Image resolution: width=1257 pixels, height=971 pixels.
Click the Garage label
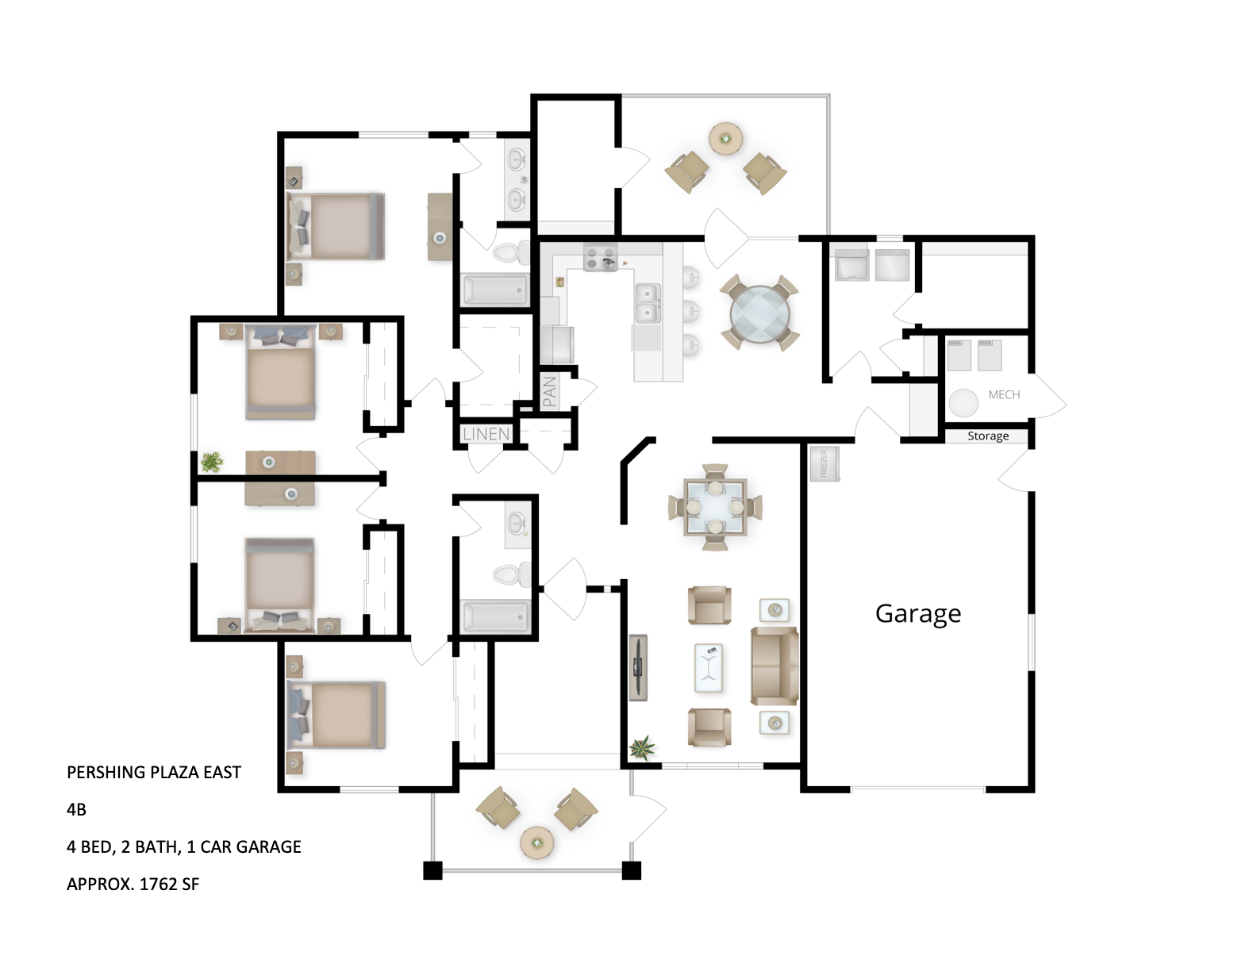click(918, 614)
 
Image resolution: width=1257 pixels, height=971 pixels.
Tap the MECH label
click(1004, 394)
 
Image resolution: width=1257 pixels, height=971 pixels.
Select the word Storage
click(988, 436)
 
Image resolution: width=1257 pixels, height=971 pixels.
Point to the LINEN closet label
click(486, 434)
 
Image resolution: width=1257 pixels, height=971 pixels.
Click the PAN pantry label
click(550, 392)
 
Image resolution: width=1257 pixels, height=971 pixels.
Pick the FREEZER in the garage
click(824, 464)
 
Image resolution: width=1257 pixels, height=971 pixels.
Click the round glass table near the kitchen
click(760, 313)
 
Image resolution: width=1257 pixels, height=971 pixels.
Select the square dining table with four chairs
click(715, 506)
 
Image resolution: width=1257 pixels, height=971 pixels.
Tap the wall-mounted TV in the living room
click(638, 667)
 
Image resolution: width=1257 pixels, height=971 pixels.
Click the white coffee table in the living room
click(709, 667)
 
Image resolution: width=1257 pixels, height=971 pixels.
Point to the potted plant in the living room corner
click(642, 747)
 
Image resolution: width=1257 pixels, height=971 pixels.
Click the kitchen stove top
click(601, 257)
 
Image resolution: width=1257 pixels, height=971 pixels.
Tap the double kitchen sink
click(648, 304)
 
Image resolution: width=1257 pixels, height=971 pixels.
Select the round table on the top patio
click(725, 139)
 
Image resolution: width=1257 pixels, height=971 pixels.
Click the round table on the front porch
click(537, 842)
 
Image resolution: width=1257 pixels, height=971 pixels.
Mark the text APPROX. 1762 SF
click(133, 884)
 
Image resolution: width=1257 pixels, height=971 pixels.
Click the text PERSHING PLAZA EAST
click(154, 772)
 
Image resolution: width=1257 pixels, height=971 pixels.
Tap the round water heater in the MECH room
click(963, 402)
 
